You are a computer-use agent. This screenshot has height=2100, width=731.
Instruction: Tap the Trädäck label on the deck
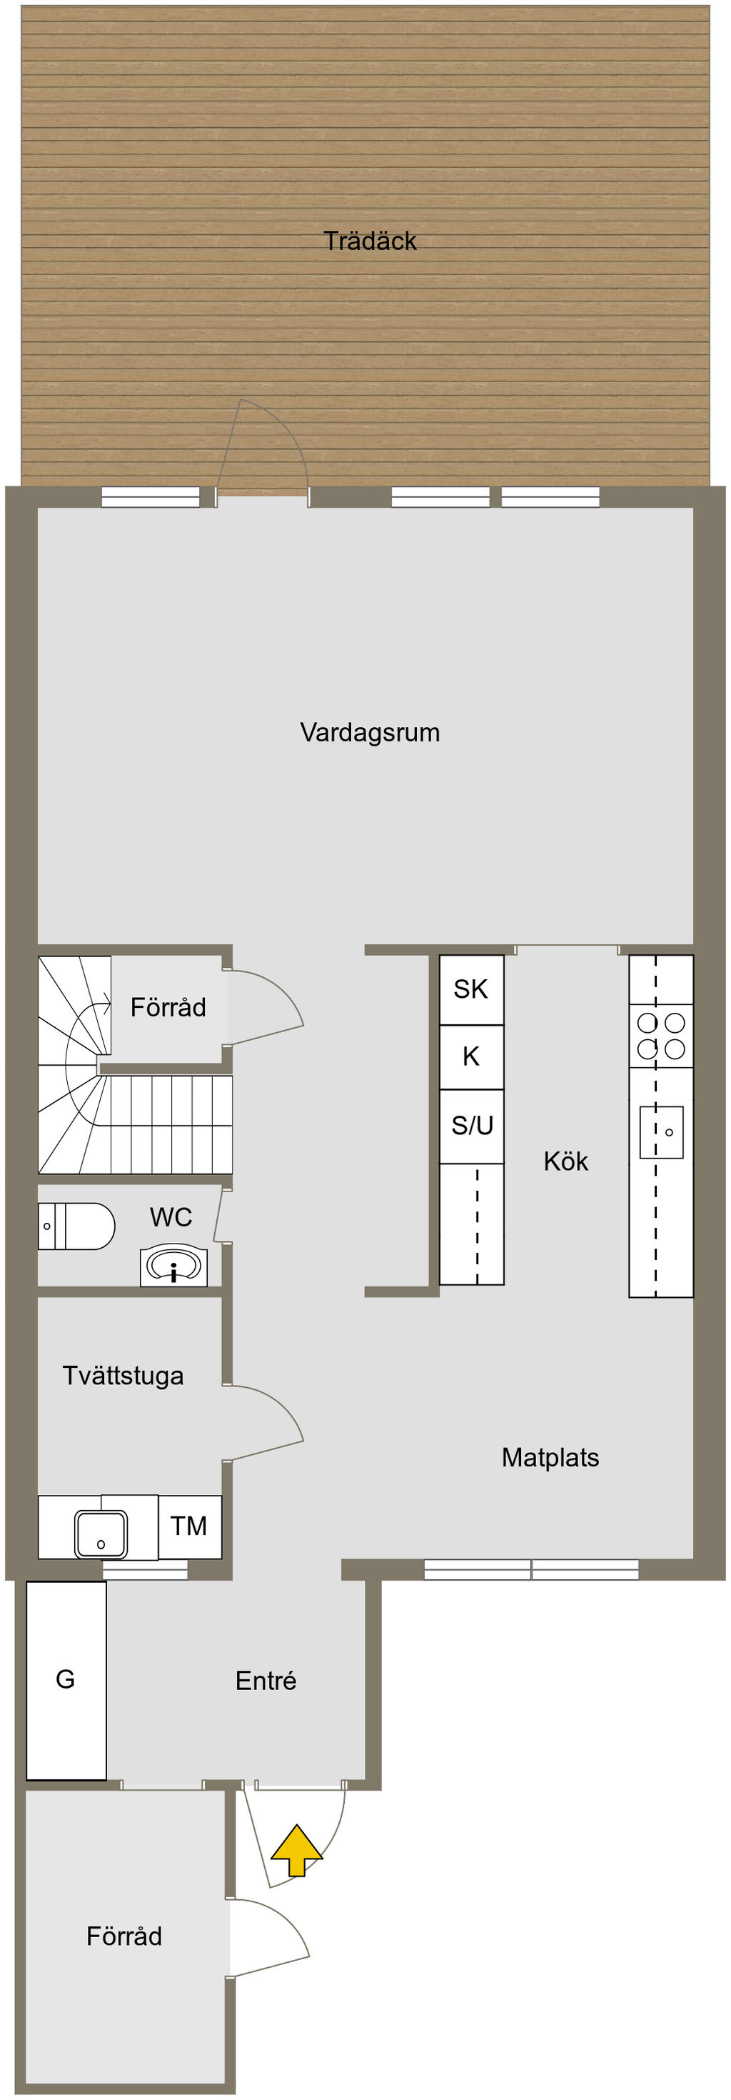point(369,241)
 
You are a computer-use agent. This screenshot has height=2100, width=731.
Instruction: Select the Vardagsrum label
point(369,732)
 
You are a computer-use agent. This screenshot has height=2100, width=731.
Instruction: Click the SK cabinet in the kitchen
point(471,989)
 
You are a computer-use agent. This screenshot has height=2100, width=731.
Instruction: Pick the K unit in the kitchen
point(471,1056)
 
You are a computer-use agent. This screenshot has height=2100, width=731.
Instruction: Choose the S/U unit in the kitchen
point(472,1125)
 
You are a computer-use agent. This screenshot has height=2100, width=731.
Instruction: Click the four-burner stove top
point(661,1035)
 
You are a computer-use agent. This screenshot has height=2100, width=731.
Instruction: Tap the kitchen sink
point(661,1131)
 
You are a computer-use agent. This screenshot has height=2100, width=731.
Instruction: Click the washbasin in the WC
point(173,1266)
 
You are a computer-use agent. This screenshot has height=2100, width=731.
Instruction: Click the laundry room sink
point(101,1534)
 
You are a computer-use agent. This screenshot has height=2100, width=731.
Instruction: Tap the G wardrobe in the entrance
point(66,1679)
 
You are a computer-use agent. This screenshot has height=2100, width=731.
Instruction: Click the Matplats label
point(550,1458)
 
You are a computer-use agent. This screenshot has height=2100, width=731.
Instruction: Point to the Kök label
point(565,1161)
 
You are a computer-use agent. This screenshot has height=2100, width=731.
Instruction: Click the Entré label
point(266,1681)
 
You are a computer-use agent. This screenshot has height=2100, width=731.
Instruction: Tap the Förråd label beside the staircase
point(168,1008)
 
